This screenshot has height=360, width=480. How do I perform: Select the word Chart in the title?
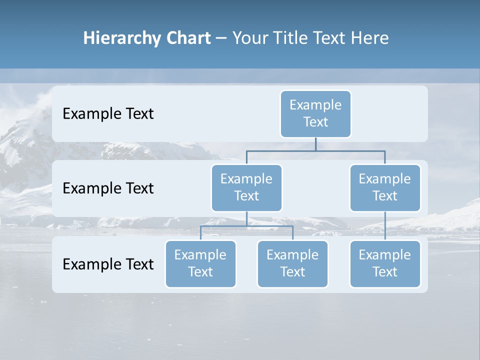[x=187, y=38]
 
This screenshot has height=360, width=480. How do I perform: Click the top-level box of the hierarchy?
[x=315, y=113]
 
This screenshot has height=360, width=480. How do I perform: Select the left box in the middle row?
[x=246, y=187]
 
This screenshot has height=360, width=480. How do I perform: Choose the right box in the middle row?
[x=385, y=187]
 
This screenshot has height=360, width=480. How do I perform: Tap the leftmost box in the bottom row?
[x=200, y=263]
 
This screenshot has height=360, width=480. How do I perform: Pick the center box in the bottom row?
[x=292, y=263]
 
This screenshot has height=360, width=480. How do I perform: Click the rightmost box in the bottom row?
[x=385, y=263]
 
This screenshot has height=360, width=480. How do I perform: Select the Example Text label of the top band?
[x=108, y=113]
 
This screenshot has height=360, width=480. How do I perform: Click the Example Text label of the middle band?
[x=108, y=188]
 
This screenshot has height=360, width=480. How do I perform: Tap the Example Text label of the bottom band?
[x=108, y=264]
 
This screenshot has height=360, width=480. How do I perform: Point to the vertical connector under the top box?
[x=315, y=144]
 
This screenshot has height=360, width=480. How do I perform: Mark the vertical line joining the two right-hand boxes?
[x=385, y=226]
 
